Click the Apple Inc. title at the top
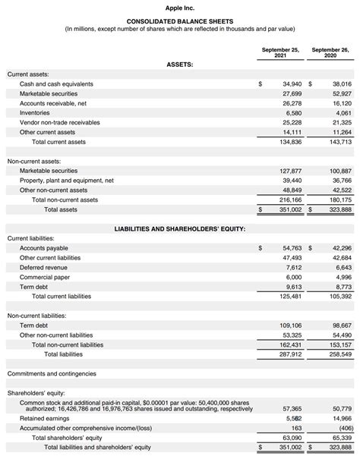(180, 7)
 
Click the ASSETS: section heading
(179, 64)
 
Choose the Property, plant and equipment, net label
(67, 181)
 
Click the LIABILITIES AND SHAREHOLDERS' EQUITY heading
(179, 228)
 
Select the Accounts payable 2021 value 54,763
(292, 247)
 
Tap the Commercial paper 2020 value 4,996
(343, 278)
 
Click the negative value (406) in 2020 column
(343, 428)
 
